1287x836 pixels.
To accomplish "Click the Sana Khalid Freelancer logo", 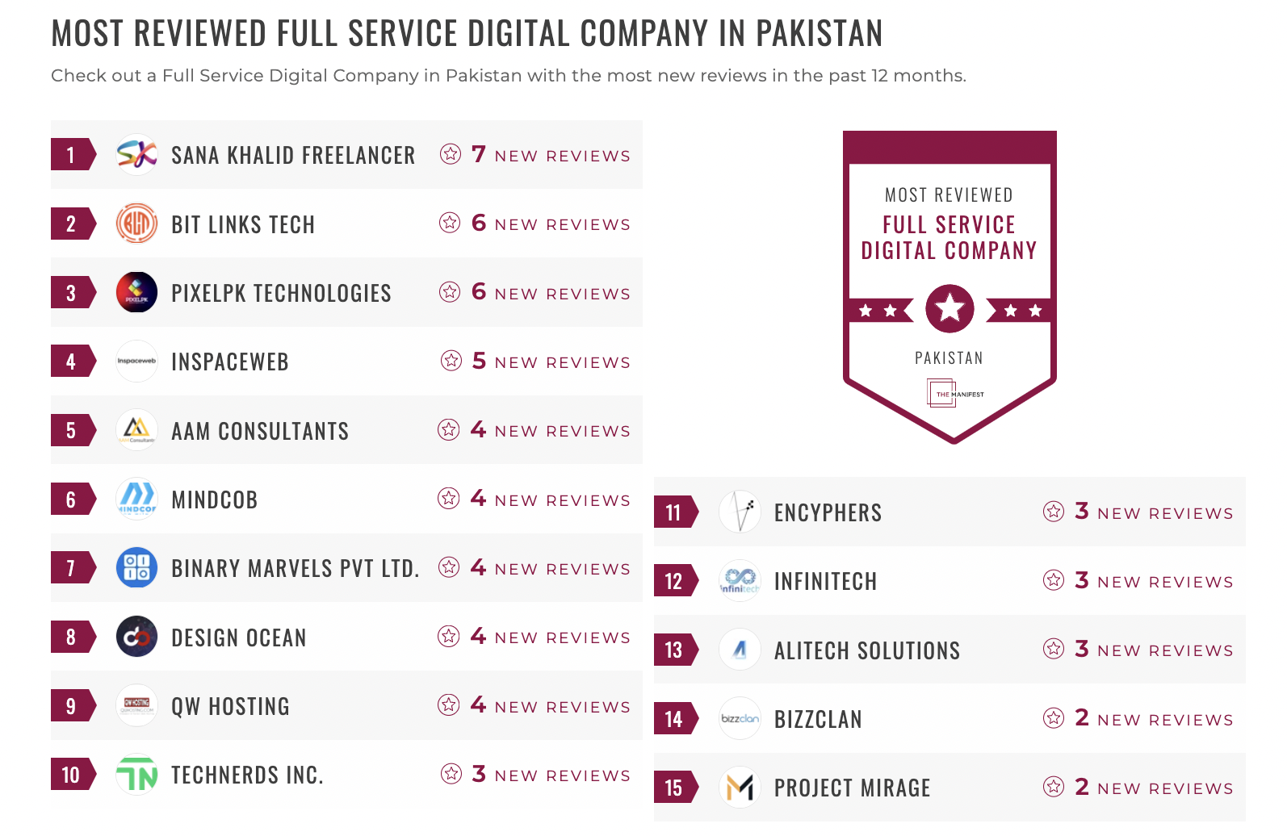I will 136,154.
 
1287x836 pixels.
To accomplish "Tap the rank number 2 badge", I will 72,224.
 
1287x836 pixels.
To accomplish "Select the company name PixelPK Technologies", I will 281,293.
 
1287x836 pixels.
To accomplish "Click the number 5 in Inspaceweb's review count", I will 479,361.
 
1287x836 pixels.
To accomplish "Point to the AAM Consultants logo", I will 136,429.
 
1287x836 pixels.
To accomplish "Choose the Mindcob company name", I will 214,500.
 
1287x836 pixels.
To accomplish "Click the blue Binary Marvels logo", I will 136,567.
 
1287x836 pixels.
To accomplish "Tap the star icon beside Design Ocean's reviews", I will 449,637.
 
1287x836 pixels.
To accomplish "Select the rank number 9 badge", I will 72,706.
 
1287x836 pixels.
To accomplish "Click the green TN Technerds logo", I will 136,775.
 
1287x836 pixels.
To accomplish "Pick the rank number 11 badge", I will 674,512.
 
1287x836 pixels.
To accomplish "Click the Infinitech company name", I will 825,581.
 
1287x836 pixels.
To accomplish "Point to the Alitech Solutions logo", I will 740,650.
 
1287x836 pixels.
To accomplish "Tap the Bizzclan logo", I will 740,718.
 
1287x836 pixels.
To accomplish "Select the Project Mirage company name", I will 852,788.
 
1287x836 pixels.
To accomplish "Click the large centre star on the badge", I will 950,308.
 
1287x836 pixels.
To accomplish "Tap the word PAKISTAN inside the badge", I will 949,358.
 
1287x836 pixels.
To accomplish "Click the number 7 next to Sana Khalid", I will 479,154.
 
